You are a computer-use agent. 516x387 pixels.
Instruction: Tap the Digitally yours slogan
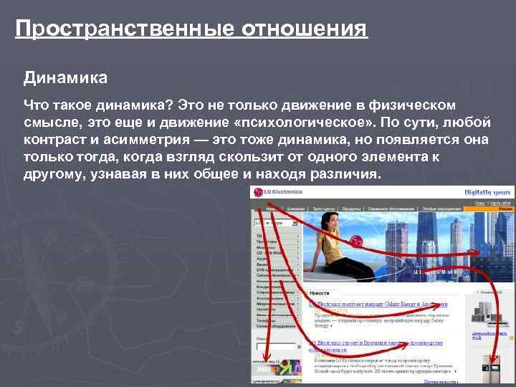click(489, 192)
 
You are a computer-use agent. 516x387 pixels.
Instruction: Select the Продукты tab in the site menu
click(350, 208)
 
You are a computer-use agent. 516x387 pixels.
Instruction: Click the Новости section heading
click(320, 293)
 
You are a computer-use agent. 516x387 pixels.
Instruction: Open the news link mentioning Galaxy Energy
click(380, 304)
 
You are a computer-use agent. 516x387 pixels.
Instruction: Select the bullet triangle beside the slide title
click(7, 30)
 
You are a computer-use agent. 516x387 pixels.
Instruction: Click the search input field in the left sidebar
click(273, 223)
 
